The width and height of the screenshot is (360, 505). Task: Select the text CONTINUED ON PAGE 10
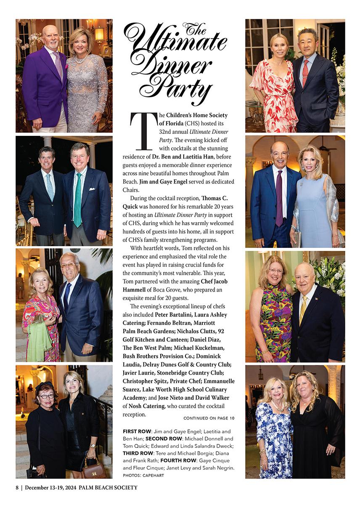(x=209, y=418)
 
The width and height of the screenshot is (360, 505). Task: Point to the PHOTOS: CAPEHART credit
(x=143, y=475)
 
